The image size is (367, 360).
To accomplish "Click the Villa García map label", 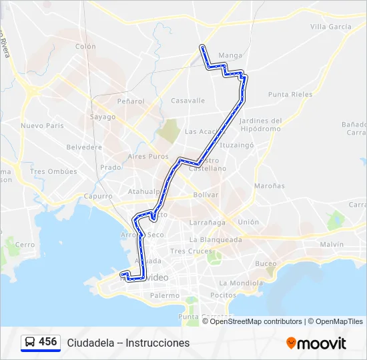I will point(330,27).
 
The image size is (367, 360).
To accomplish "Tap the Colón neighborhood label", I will point(85,47).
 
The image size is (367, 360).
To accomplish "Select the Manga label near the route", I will point(230,55).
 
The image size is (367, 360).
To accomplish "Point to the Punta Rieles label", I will point(290,95).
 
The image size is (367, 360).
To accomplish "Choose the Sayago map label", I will point(103,117).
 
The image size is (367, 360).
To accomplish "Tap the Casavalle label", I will point(188,101).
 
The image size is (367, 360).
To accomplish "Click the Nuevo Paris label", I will point(41,125).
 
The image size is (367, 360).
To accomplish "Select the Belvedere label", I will point(85,147).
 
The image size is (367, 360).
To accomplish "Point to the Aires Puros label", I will point(148,156).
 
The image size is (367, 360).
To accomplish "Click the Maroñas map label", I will point(269,185).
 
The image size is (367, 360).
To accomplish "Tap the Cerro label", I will point(25,245).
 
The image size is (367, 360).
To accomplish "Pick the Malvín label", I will point(332,245).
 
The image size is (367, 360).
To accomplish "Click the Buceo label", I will point(266,263).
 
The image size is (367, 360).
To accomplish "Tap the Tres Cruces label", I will point(186,251).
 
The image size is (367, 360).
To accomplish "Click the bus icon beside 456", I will point(31,342).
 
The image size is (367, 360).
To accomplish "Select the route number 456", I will point(48,342).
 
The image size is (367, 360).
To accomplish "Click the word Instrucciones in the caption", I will point(157,343).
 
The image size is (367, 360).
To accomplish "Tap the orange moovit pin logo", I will point(291,343).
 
